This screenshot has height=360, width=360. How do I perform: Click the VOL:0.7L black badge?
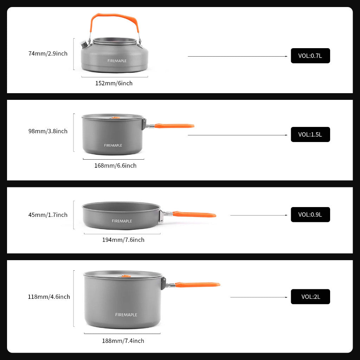pos(310,56)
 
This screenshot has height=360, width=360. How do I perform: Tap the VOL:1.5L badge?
pos(310,134)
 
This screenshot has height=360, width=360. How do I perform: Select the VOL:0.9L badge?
pos(310,214)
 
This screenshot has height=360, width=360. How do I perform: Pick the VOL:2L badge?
pos(310,297)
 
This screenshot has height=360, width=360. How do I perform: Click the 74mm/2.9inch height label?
pos(48,54)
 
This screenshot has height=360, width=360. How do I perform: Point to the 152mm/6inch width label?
pos(114,83)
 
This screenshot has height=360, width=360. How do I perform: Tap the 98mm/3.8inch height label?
pos(48,131)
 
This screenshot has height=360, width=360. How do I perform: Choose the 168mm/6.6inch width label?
pos(115,166)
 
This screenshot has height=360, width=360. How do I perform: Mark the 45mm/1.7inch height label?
pos(48,215)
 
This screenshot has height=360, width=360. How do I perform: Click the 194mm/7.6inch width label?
pos(123,240)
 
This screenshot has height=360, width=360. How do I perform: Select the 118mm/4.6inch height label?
pos(49,297)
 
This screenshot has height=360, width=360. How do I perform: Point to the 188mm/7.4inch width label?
pos(123,341)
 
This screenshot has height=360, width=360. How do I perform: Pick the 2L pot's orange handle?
pos(198,284)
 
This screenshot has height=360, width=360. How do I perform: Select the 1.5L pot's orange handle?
pos(174,126)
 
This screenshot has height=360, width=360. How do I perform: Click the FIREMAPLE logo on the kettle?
pos(117,61)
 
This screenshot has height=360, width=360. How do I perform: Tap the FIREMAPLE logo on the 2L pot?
pos(126,315)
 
